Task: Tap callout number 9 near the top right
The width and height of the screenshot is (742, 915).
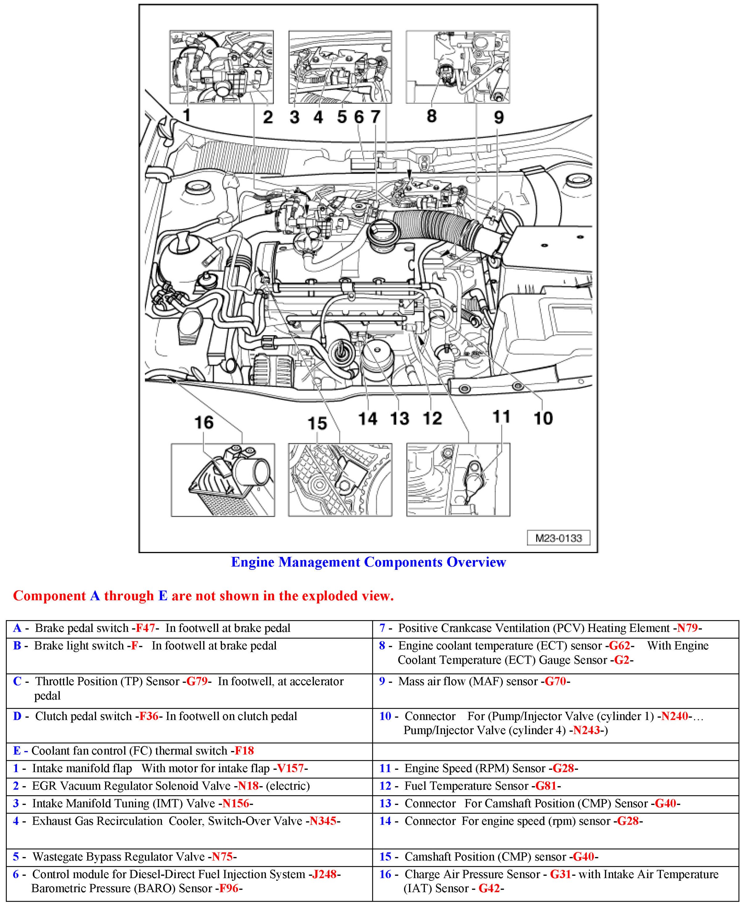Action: click(498, 117)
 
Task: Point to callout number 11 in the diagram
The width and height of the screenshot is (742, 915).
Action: click(501, 417)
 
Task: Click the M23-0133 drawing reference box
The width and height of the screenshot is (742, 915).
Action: click(559, 538)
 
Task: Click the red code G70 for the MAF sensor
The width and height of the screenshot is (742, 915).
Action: click(555, 681)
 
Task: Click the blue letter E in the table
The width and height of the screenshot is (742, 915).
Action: click(17, 750)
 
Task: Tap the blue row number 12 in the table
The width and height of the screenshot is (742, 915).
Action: click(385, 786)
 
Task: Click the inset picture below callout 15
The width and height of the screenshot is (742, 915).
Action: click(340, 480)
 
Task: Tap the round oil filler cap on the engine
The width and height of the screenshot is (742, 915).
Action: click(382, 235)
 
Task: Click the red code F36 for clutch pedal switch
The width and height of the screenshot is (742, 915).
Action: click(149, 716)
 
